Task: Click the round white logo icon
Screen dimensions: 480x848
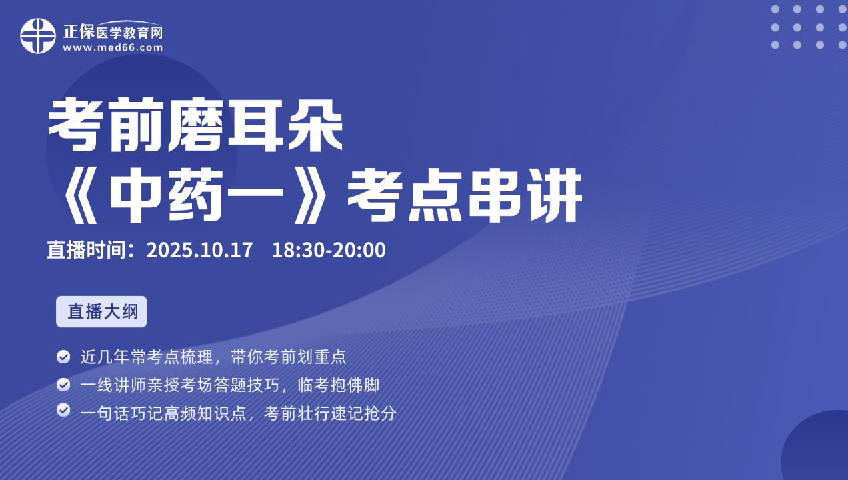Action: [38, 36]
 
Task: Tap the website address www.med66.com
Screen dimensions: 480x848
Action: [113, 48]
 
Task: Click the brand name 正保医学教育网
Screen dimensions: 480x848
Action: [113, 32]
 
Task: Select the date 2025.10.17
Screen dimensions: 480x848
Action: [199, 250]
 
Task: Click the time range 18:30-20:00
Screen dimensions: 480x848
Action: [329, 250]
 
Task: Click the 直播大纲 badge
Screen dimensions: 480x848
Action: [101, 311]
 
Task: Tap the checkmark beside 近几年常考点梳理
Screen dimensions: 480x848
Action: [63, 357]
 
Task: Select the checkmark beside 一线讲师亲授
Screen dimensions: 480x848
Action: [63, 385]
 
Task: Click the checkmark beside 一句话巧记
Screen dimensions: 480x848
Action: [63, 410]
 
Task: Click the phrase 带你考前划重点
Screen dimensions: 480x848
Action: [289, 357]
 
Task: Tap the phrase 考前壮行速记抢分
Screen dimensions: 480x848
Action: [330, 413]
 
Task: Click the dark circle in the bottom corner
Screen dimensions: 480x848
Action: [820, 450]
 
